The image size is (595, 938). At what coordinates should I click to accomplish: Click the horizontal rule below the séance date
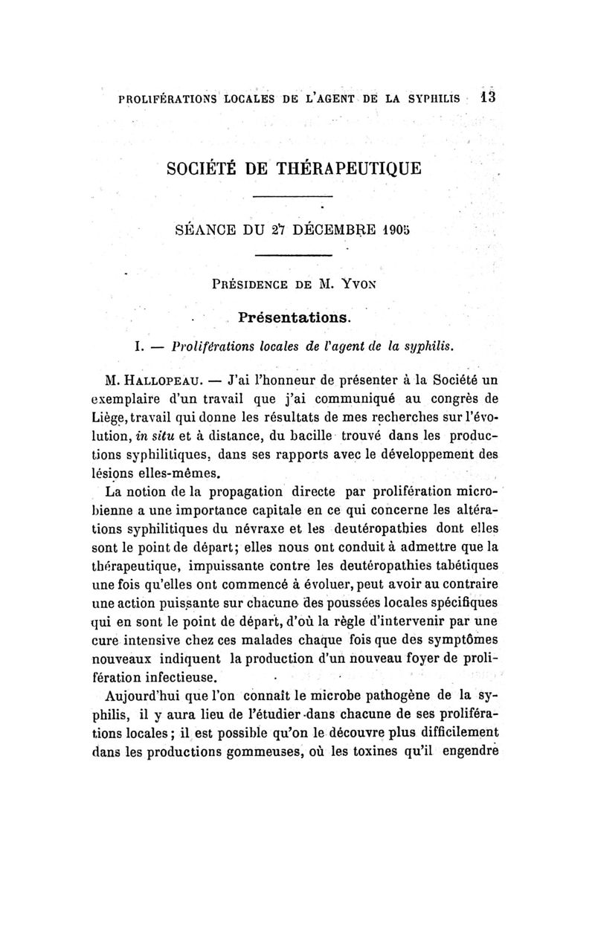click(292, 256)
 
